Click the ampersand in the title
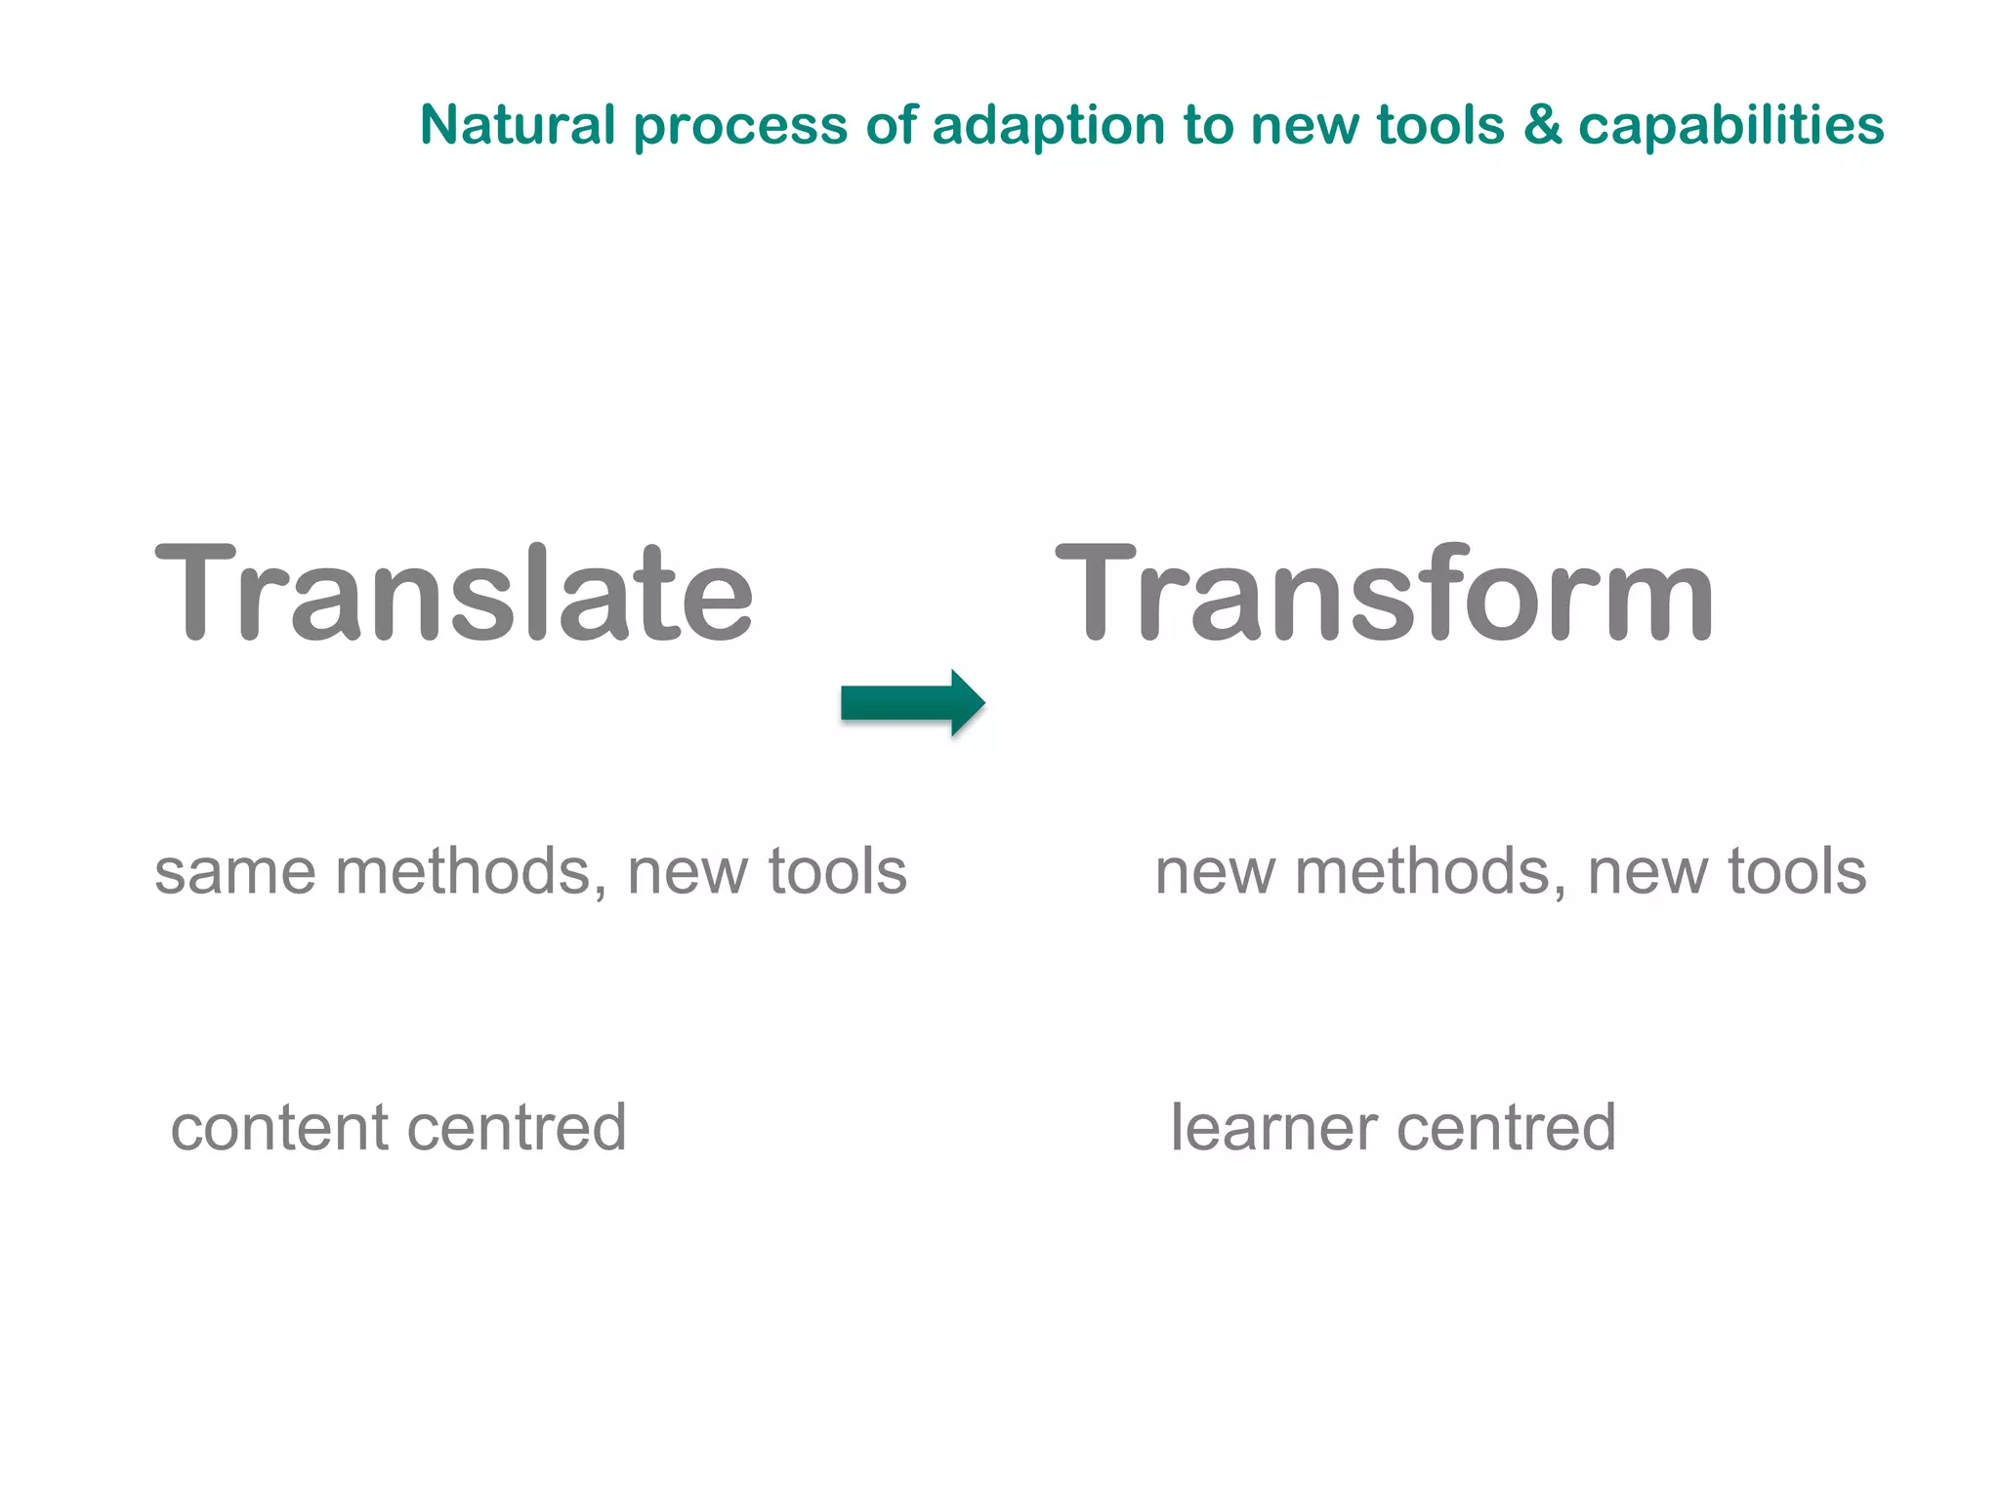click(1542, 125)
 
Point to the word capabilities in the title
click(1730, 127)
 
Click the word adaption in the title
click(1048, 127)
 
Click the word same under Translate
click(235, 872)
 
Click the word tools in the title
click(1440, 125)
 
